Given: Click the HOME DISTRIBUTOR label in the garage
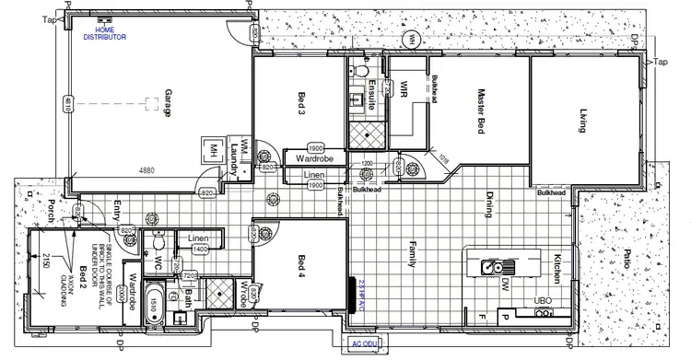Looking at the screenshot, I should pyautogui.click(x=103, y=33).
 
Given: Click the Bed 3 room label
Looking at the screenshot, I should pyautogui.click(x=301, y=103).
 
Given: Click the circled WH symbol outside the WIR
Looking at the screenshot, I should pyautogui.click(x=414, y=38).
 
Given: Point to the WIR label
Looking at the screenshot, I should pyautogui.click(x=404, y=89).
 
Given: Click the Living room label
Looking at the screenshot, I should pyautogui.click(x=582, y=121).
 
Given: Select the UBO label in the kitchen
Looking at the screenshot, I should pyautogui.click(x=544, y=300).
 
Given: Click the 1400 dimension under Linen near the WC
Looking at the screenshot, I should pyautogui.click(x=199, y=249).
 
